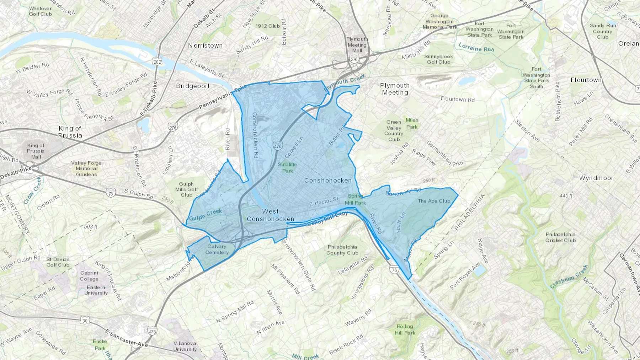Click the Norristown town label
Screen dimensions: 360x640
(205, 45)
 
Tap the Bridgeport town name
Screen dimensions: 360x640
(193, 86)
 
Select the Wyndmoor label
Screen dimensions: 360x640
(596, 178)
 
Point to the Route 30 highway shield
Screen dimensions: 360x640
(85, 321)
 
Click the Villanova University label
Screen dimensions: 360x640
(185, 346)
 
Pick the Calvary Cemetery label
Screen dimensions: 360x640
(217, 249)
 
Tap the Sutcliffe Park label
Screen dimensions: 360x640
(287, 167)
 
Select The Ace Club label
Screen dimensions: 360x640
(434, 201)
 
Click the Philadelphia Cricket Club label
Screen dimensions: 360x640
(560, 237)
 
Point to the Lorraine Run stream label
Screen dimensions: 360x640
(476, 47)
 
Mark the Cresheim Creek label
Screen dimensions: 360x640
(569, 277)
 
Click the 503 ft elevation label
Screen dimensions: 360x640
(91, 226)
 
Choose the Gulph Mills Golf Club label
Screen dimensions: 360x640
(186, 189)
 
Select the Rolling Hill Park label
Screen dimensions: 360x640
(405, 329)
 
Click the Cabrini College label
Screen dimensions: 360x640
(89, 276)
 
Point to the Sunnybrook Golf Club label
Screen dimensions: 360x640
(438, 59)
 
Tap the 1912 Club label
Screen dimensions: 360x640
(267, 26)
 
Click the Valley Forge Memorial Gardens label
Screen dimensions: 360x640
(86, 168)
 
